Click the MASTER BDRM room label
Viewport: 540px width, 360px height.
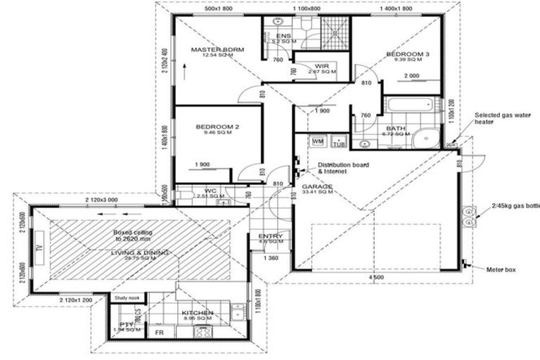coord(218,50)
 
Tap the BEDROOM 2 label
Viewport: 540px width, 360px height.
coord(214,127)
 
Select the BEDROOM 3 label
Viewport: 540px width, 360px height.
coord(407,54)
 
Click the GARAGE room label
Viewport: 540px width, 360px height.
coord(319,187)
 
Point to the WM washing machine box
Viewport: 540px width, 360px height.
coord(317,141)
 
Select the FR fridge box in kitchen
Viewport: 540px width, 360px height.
coord(160,331)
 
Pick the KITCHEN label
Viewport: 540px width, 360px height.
coord(197,314)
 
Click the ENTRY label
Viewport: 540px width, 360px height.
coord(271,237)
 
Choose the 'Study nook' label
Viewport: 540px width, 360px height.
coord(127,298)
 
